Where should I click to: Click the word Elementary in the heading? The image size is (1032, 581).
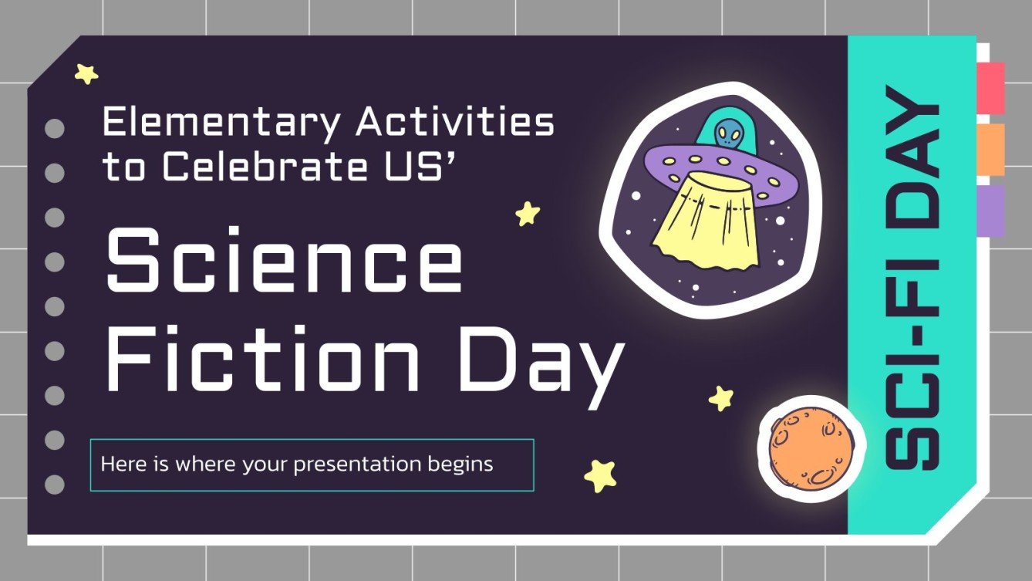coord(221,123)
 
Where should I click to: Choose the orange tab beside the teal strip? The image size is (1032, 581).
coord(990,149)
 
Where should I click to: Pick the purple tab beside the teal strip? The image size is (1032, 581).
coord(990,210)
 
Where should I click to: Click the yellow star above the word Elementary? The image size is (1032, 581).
coord(86,74)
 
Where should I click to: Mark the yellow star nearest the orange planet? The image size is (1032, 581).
coord(721,398)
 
